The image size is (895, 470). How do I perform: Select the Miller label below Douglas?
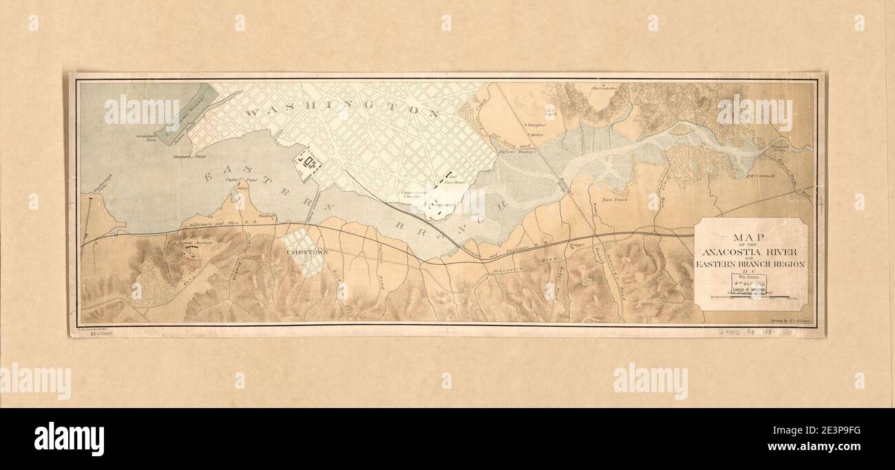(x=538, y=136)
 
